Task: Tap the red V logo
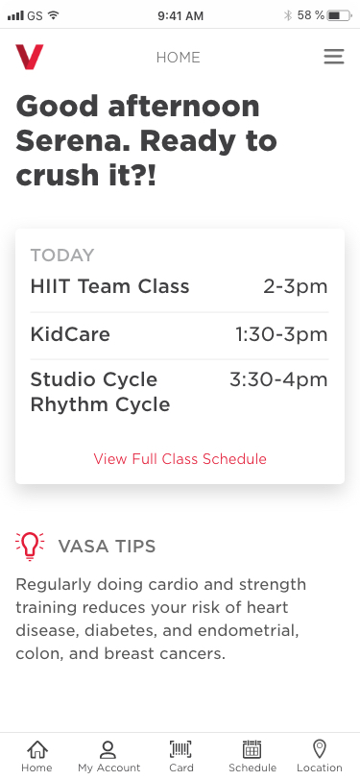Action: (x=30, y=57)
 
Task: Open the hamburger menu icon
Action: (x=334, y=57)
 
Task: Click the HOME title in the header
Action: (x=178, y=58)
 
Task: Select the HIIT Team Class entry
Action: (x=109, y=286)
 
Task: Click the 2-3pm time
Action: (x=296, y=287)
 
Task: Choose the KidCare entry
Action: (x=70, y=333)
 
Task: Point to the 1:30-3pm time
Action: (x=281, y=334)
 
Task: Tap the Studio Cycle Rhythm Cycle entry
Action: (x=100, y=392)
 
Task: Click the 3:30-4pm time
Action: (x=278, y=379)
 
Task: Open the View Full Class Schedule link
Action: (x=180, y=458)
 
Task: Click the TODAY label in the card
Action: (x=62, y=256)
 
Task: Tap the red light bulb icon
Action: (x=30, y=547)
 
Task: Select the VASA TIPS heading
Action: (x=107, y=547)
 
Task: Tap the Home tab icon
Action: (x=37, y=749)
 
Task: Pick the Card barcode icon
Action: (x=181, y=749)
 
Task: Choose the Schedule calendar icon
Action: (x=252, y=749)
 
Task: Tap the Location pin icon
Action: (x=320, y=748)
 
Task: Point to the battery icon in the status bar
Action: (x=340, y=16)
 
